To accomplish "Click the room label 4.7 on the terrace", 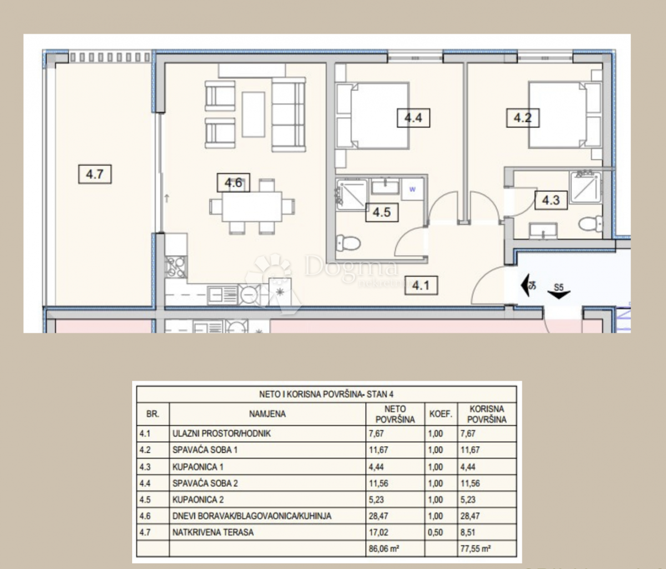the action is [95, 174].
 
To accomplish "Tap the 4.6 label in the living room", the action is [233, 183].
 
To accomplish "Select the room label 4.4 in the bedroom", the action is [413, 118].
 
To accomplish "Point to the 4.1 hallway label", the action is [421, 286].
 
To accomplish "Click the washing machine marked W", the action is [412, 189].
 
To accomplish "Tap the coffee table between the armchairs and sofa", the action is [254, 114].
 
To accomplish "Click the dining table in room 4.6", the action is [251, 207].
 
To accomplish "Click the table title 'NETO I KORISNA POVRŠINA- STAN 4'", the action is [326, 394].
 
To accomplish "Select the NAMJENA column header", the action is [267, 414].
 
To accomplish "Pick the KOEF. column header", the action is [441, 414].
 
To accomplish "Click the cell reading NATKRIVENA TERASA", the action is [213, 532].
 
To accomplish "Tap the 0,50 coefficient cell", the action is [435, 532].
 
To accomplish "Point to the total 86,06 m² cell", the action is [384, 548].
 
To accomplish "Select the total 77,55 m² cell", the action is [476, 548].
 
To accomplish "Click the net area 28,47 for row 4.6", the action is [379, 516].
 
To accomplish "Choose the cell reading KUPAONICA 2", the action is [198, 500].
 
